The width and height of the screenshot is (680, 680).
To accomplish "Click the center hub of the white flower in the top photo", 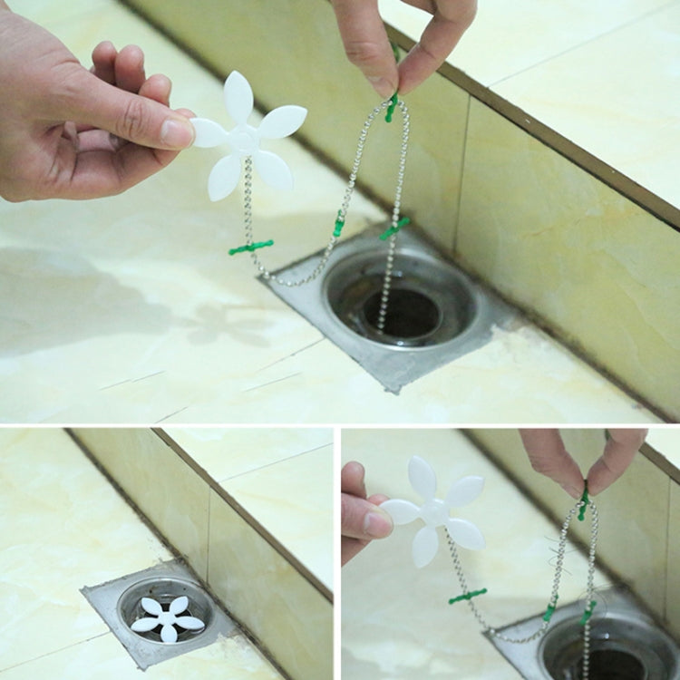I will (x=244, y=139).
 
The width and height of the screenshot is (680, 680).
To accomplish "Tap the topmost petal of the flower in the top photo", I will (x=238, y=95).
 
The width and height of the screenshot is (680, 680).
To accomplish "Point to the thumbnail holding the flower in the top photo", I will (x=177, y=133).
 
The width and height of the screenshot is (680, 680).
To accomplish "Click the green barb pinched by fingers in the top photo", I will (x=392, y=107).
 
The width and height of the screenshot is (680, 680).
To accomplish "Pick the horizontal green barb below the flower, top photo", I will (x=251, y=247).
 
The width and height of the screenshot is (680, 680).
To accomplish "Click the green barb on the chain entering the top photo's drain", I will (x=394, y=228).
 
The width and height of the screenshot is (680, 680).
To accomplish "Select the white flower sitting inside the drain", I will (x=168, y=617).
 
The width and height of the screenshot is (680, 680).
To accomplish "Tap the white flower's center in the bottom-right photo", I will (x=434, y=512).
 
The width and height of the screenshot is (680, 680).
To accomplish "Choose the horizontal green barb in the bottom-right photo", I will (x=468, y=596).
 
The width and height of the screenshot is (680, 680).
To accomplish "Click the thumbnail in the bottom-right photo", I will (x=378, y=522).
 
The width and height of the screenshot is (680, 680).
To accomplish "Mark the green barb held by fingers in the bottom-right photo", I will (x=583, y=504).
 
